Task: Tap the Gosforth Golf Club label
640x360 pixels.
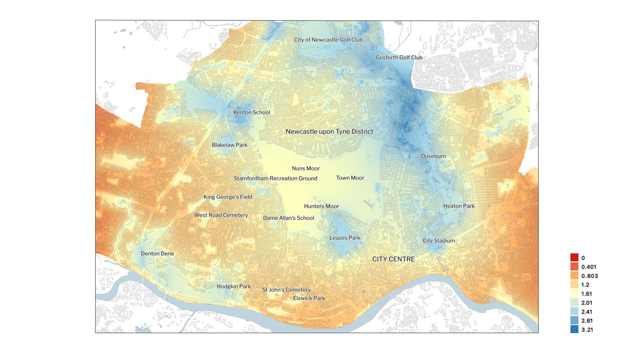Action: (399, 58)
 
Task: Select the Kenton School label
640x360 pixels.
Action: (252, 112)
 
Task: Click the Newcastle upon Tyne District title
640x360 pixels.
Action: (329, 132)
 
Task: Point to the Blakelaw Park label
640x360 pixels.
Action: (230, 145)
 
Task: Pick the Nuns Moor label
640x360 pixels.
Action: (306, 168)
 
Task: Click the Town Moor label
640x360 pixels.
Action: (350, 178)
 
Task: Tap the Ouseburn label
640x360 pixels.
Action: (433, 156)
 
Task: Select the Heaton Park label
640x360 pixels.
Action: (459, 206)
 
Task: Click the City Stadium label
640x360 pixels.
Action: (438, 241)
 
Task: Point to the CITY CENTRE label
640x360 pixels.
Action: (393, 259)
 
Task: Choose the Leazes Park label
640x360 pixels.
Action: (345, 238)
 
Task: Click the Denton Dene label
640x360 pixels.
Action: (157, 254)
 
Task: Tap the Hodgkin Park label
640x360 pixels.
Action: (234, 286)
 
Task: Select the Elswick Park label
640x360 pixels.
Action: (309, 298)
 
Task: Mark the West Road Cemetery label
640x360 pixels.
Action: (221, 215)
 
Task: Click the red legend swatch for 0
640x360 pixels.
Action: (574, 258)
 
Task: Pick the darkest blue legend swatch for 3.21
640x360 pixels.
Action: (574, 330)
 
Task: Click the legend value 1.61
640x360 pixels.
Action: (586, 294)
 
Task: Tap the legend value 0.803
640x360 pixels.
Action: (589, 276)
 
